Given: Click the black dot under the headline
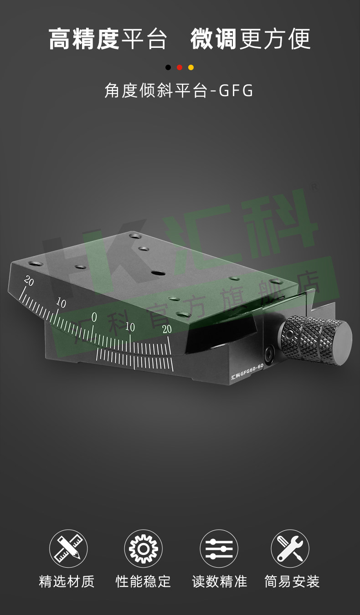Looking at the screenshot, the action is (x=168, y=67).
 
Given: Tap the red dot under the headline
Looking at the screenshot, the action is (x=180, y=67).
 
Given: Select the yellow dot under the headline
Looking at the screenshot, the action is (x=191, y=67).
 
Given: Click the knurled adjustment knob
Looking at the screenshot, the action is (x=316, y=340).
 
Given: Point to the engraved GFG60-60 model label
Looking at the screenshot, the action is (x=247, y=372).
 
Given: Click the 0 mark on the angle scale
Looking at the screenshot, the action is (x=94, y=317).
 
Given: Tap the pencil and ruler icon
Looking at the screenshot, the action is (x=68, y=548).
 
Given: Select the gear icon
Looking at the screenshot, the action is (x=144, y=548).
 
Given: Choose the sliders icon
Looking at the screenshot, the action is (x=219, y=548).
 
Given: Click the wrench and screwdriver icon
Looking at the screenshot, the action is (x=290, y=548).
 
